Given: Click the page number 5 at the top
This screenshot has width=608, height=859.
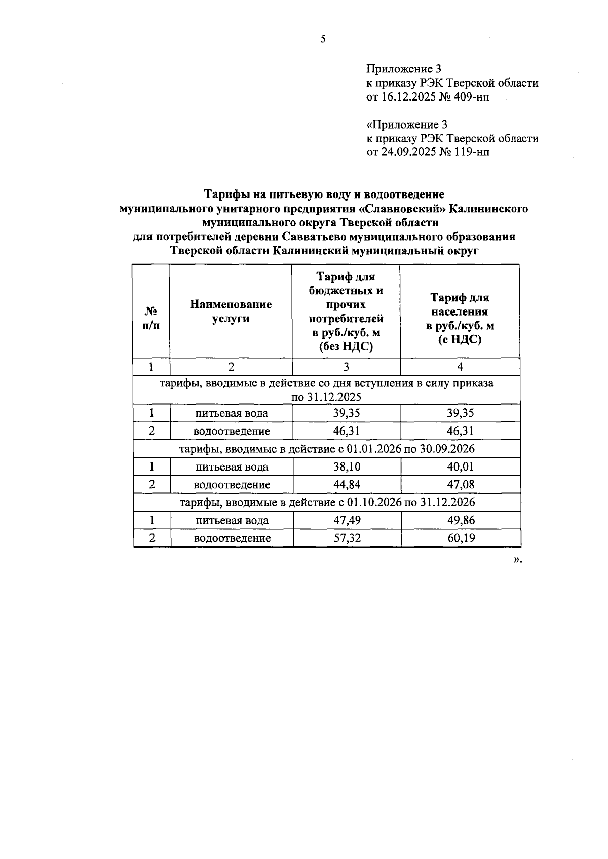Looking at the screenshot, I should coord(323,40).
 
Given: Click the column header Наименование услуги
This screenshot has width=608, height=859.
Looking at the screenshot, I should coord(231,311).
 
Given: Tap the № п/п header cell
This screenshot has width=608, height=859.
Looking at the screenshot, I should coord(150,318).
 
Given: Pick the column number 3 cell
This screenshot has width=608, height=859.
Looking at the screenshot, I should coord(346,367).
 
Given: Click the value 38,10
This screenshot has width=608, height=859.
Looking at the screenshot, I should coord(347,466).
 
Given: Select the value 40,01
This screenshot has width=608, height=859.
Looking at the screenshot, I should coord(460,466).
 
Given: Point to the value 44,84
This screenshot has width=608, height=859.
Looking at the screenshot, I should coord(347,485).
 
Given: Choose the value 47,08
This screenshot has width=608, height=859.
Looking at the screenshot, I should coord(460,485).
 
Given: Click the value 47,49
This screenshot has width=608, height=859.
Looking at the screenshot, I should coord(347,520).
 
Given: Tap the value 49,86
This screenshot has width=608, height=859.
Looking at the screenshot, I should coord(461,520).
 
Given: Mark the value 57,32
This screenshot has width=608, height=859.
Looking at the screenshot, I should coord(347,538).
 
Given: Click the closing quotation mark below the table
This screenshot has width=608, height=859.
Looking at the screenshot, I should coord(516,560).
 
